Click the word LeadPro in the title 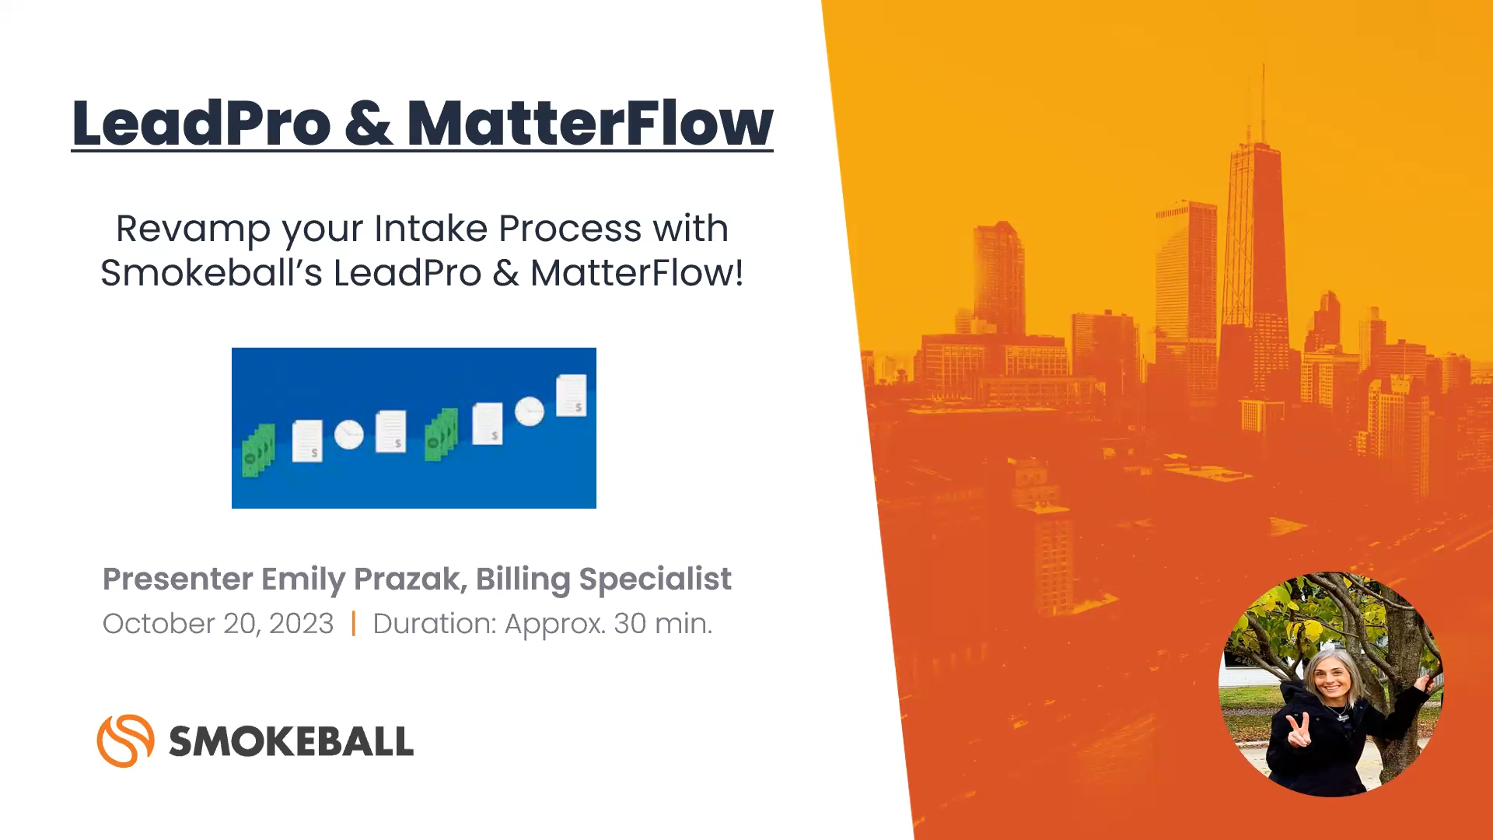tap(201, 123)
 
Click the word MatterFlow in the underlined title tap(589, 123)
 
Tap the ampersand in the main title tap(368, 123)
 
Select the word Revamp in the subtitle tap(193, 229)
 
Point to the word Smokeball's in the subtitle tap(211, 274)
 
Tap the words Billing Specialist tap(603, 579)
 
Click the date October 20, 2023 tap(218, 624)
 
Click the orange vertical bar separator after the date tap(354, 624)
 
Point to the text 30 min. tap(663, 624)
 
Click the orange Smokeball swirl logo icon tap(125, 740)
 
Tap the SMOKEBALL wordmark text tap(291, 741)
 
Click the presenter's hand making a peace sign tap(1297, 730)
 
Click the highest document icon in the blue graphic tap(572, 395)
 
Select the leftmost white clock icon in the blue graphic tap(349, 434)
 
